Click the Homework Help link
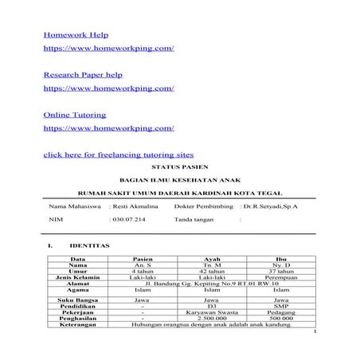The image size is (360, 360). pos(75,35)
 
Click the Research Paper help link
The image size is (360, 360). pos(82,74)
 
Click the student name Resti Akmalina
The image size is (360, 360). pos(134,205)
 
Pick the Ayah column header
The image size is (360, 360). pos(210,259)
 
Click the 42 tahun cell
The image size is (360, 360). pos(210,271)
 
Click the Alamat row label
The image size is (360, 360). pos(78,284)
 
